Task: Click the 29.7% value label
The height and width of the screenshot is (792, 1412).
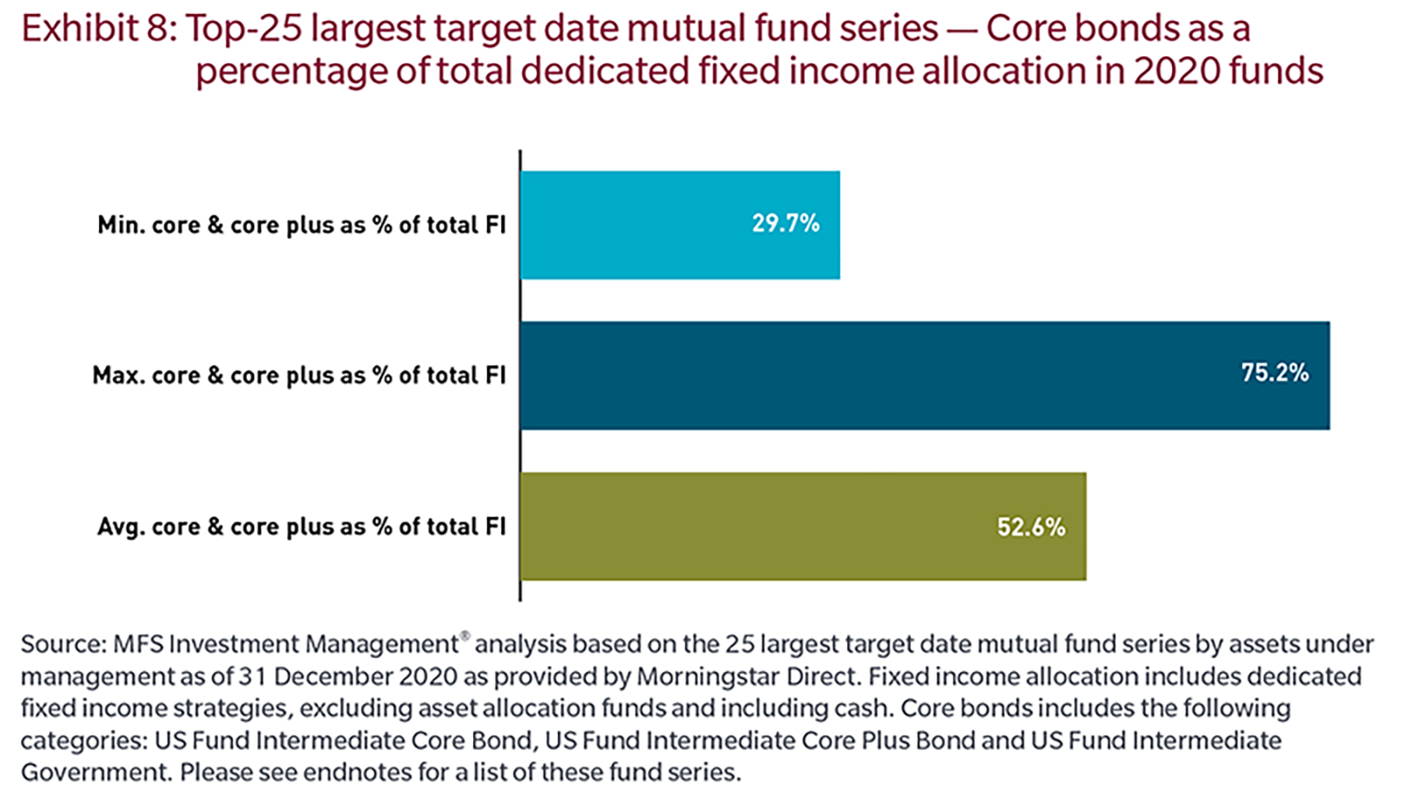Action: coord(785,224)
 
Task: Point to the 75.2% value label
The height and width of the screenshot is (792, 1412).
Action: coord(1274,373)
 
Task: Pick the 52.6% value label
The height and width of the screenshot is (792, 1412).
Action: coord(1031,527)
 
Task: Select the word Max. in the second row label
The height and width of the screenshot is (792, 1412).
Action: coord(119,376)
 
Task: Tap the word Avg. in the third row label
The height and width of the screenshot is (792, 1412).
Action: coord(121,527)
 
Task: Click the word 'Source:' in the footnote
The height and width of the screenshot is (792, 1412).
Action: coord(63,645)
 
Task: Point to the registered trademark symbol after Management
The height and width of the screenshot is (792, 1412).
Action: coord(465,635)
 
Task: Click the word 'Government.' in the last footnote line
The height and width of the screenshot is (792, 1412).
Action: coord(94,773)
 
